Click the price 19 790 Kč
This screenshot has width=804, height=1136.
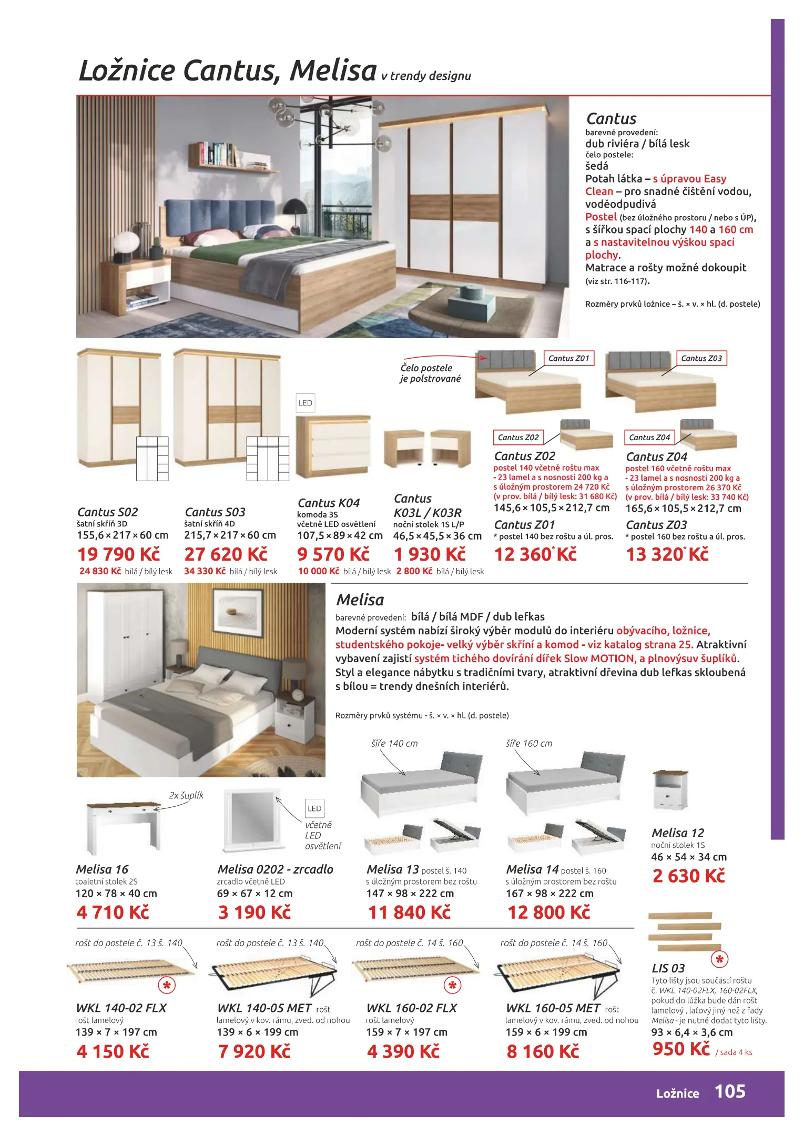click(x=118, y=554)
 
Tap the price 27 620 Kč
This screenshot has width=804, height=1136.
click(x=226, y=554)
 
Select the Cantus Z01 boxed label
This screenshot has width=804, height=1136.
click(x=568, y=358)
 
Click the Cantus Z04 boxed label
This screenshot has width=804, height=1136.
click(x=649, y=438)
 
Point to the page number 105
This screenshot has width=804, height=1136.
click(x=729, y=1091)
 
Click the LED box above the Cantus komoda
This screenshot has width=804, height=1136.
click(x=305, y=403)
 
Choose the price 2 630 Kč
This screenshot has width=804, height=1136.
click(x=688, y=876)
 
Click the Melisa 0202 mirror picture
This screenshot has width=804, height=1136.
click(x=251, y=821)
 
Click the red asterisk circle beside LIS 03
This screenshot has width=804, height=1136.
click(x=719, y=960)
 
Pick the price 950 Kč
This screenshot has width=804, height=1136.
click(x=681, y=1049)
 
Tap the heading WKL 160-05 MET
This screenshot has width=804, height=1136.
click(x=553, y=1008)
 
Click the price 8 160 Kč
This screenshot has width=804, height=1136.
click(x=543, y=1051)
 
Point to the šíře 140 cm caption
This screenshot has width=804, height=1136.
click(x=394, y=744)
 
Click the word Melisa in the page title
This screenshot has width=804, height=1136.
click(x=333, y=70)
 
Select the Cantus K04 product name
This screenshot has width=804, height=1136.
click(x=329, y=503)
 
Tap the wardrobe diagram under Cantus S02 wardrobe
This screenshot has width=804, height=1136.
click(x=152, y=459)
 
